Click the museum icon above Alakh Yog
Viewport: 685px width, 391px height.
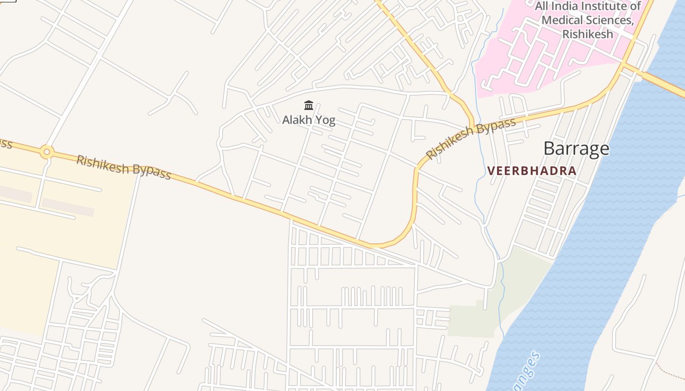(309, 105)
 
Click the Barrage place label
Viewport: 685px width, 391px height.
(576, 149)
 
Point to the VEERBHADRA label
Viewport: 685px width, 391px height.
(532, 171)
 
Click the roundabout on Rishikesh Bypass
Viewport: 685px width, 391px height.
(46, 152)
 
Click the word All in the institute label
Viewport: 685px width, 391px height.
(542, 6)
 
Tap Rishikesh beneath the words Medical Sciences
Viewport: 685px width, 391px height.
(587, 34)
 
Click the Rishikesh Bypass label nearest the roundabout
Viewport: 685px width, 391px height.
(123, 167)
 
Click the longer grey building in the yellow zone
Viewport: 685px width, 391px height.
(68, 207)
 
